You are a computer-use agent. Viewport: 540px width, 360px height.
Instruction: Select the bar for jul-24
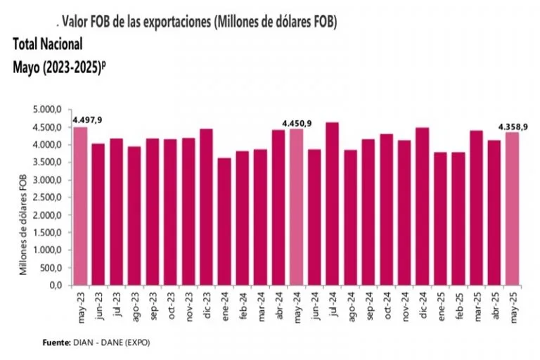332,204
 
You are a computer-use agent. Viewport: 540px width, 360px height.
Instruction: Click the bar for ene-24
224,221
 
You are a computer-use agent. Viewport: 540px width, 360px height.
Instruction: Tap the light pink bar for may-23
80,206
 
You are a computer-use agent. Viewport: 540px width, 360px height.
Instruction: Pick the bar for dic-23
206,207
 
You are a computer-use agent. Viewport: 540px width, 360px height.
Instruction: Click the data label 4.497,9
87,121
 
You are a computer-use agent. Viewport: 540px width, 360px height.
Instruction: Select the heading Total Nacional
48,44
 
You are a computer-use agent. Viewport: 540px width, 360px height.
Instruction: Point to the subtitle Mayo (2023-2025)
58,67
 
